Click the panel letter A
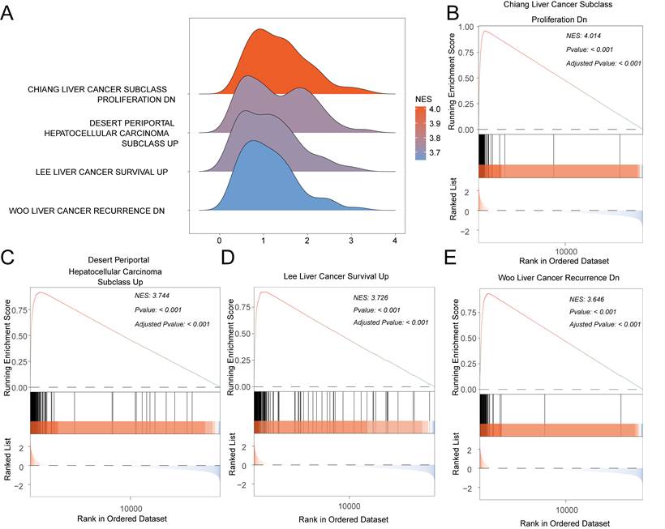[7, 13]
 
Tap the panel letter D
[228, 257]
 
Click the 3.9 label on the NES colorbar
[435, 124]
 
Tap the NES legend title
[423, 99]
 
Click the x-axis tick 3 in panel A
[350, 241]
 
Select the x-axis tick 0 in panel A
[219, 241]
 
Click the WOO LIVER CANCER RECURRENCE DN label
[87, 211]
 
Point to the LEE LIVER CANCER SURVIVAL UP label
[102, 172]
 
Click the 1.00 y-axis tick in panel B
[466, 27]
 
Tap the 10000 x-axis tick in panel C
[131, 508]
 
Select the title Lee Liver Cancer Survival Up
[336, 276]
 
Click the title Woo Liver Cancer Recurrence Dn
[559, 278]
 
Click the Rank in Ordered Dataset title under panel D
[344, 518]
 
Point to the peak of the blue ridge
[254, 141]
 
